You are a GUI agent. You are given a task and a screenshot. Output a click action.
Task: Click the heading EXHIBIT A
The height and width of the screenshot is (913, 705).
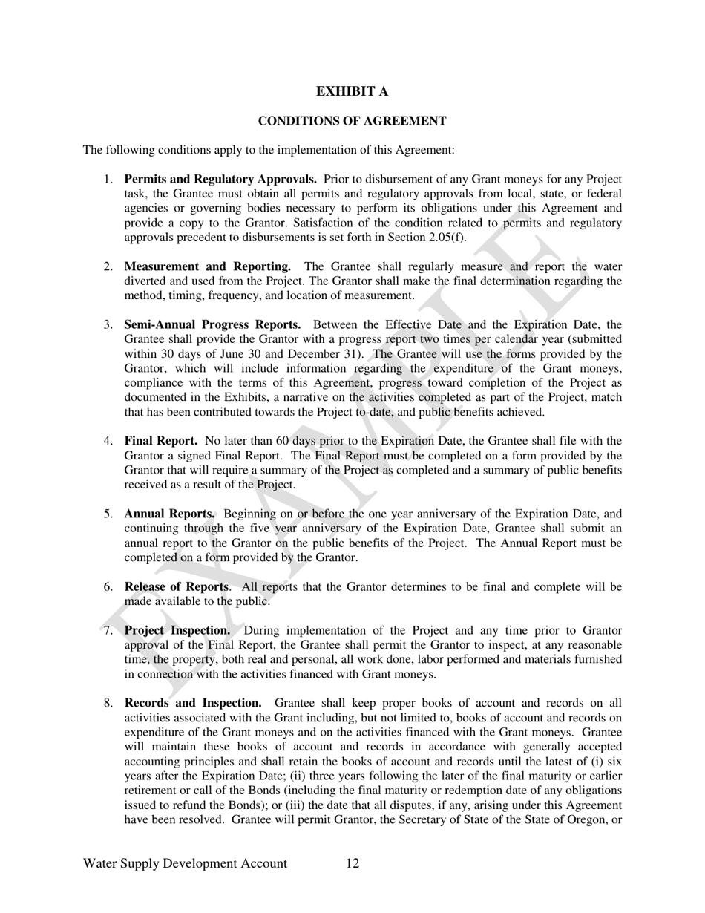tap(352, 91)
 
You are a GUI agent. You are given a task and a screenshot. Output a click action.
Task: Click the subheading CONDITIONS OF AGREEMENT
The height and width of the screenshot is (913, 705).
tap(352, 121)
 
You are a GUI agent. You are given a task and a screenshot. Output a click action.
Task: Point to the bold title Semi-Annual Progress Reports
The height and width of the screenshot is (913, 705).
tap(212, 324)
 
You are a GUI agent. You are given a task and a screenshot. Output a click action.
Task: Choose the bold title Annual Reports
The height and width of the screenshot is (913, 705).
tap(170, 514)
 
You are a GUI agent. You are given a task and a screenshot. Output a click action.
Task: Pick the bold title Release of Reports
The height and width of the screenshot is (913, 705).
tap(176, 587)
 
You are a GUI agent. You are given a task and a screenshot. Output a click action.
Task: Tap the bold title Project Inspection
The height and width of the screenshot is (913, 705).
tap(177, 631)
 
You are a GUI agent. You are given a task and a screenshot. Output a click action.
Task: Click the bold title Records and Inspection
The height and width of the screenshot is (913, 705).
tap(192, 703)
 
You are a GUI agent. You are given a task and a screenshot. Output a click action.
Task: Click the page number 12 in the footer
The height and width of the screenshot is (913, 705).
tap(352, 863)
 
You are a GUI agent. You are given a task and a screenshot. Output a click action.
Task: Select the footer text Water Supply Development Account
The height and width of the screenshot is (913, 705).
tap(185, 863)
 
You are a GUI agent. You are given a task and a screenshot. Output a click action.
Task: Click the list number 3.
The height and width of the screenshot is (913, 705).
tap(108, 324)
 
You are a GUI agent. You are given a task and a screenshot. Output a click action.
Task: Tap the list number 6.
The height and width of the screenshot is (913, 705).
tap(108, 587)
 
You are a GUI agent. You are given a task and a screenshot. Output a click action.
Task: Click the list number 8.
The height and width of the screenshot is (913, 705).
tap(108, 703)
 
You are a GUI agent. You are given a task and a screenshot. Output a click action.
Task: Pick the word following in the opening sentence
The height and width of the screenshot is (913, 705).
tap(129, 150)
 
